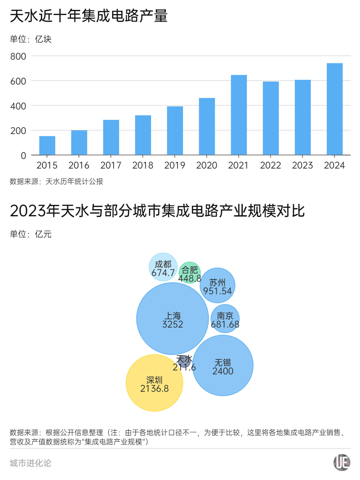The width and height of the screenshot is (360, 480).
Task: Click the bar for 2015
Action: click(x=47, y=145)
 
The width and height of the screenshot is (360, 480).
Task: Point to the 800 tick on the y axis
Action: click(x=18, y=56)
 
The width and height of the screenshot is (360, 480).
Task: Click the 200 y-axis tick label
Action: click(x=18, y=131)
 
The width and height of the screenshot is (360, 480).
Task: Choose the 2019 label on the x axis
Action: click(x=175, y=165)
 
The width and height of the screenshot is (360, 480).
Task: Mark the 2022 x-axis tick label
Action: click(x=270, y=165)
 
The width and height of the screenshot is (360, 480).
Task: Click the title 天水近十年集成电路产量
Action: click(x=88, y=16)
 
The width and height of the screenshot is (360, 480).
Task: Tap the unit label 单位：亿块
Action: click(x=31, y=39)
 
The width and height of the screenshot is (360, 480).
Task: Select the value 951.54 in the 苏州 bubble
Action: click(x=217, y=291)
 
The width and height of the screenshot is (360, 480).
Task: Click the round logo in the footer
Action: click(x=342, y=463)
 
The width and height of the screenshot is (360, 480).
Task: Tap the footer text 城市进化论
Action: click(x=31, y=463)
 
